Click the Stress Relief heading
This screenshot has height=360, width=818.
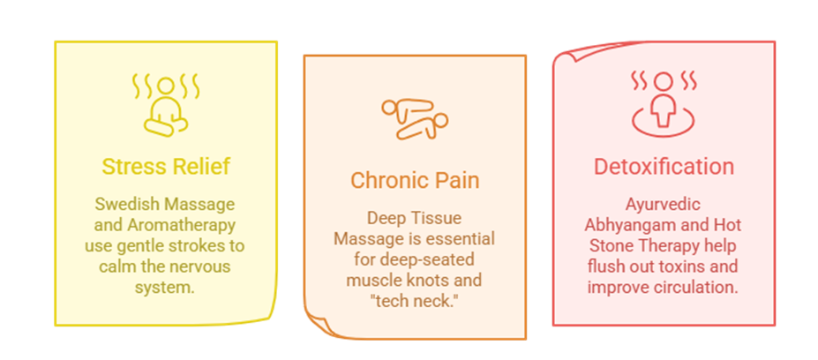point(165,167)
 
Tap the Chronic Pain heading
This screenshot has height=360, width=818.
point(415,181)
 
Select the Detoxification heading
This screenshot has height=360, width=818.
point(663,167)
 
